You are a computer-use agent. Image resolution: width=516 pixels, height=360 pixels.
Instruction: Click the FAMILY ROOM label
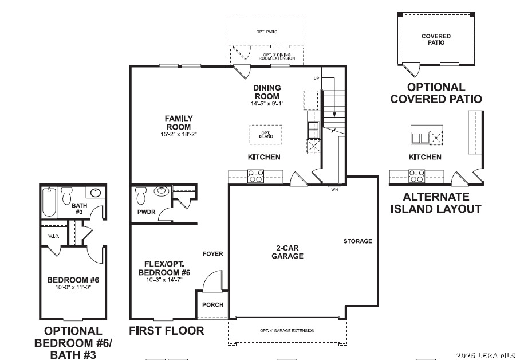179,123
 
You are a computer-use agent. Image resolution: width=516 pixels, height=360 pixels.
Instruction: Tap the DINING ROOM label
267,92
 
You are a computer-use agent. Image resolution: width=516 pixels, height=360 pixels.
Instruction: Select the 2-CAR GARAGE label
287,252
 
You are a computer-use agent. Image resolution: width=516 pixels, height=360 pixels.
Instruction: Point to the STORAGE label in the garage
357,241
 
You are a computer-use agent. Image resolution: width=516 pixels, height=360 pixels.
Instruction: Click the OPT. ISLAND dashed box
266,135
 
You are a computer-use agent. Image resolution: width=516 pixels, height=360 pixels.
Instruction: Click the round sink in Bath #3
95,193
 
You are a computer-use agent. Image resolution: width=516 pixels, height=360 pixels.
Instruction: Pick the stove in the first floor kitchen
255,176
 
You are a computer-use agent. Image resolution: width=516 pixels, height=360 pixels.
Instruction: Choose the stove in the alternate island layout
416,176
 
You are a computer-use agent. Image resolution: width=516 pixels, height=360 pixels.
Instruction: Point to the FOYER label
213,254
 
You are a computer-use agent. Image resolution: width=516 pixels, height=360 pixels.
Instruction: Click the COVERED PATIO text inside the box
436,40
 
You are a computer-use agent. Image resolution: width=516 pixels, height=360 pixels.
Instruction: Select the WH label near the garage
334,190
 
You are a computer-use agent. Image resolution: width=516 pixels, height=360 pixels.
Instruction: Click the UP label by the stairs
316,78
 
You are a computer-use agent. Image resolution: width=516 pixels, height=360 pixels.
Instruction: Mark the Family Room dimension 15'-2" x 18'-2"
179,134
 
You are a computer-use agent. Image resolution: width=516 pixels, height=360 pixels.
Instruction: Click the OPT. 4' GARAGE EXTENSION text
287,331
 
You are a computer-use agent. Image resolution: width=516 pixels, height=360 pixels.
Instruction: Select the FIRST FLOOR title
167,331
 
